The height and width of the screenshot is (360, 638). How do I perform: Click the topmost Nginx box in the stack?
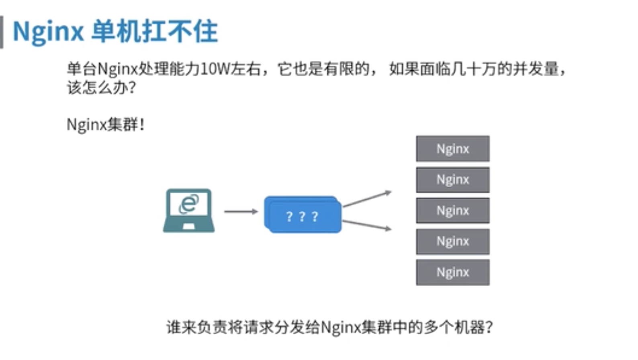tap(452, 149)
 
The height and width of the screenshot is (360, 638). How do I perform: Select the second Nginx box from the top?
tap(452, 180)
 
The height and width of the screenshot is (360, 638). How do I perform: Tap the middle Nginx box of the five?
tap(452, 211)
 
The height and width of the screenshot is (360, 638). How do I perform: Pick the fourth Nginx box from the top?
tap(452, 241)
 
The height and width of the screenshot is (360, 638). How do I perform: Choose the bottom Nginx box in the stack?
tap(452, 272)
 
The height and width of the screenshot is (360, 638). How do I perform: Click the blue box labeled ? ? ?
tap(303, 215)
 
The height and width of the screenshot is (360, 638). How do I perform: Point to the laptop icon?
tap(188, 211)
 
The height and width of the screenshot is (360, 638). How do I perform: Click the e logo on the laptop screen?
tap(188, 204)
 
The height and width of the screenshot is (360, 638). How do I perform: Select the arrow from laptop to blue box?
tap(241, 211)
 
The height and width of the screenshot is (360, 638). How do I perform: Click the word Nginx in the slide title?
tap(48, 31)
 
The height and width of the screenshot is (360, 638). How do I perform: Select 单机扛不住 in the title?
tap(155, 31)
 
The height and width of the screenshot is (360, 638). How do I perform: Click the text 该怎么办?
tap(102, 87)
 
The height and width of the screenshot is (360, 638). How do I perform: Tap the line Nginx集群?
tap(106, 125)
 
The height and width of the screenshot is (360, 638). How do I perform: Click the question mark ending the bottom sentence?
tap(489, 327)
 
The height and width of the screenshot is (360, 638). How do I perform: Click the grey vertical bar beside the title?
tap(2, 32)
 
